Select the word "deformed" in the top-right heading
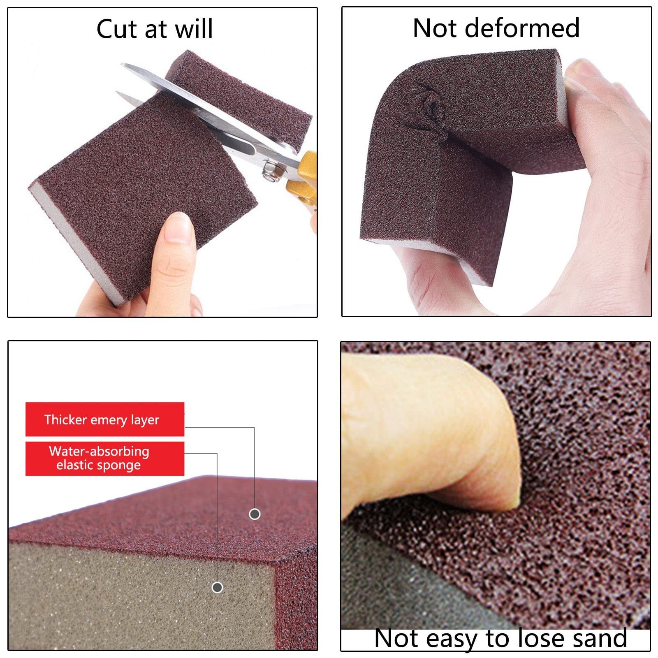point(524,28)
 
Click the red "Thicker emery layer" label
point(105,419)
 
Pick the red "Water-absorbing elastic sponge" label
point(105,459)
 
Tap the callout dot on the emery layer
point(255,514)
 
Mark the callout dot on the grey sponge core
point(217,587)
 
